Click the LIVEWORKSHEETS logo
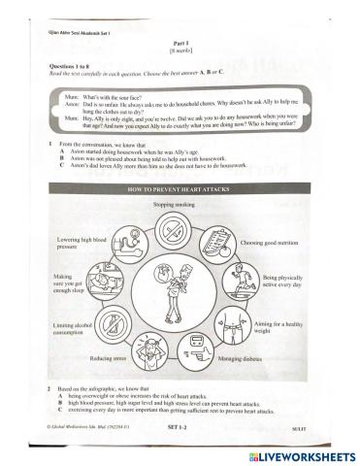pos(302,453)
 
